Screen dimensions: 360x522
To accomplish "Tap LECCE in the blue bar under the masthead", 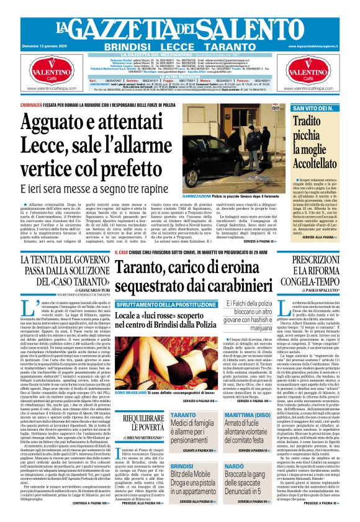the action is [180, 47].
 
